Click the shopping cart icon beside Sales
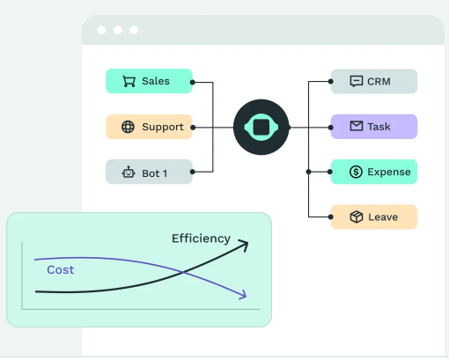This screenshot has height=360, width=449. tap(129, 81)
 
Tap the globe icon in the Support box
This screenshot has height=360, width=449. tap(128, 127)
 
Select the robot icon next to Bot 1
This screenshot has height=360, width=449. tap(129, 173)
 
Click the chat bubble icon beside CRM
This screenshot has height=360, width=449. tap(357, 81)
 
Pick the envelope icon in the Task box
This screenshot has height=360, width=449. tap(357, 126)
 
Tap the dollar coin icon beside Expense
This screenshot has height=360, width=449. tap(356, 172)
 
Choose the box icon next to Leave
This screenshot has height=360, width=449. tap(357, 217)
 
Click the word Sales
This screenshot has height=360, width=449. tap(156, 81)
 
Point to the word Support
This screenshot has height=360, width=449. tap(163, 128)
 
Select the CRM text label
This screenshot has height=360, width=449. tap(379, 82)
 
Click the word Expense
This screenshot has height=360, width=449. tap(389, 173)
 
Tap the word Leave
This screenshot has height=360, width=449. tap(383, 217)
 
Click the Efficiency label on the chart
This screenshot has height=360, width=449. tap(201, 239)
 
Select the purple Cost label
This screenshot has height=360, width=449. tap(61, 270)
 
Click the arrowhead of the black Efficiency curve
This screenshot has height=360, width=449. tap(244, 246)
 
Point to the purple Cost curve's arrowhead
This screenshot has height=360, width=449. tap(243, 295)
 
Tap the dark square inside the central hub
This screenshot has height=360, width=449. tap(261, 128)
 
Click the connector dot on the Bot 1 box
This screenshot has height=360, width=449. tap(193, 172)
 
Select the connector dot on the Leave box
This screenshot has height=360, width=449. tap(331, 217)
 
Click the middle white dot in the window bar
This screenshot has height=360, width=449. tap(118, 30)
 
